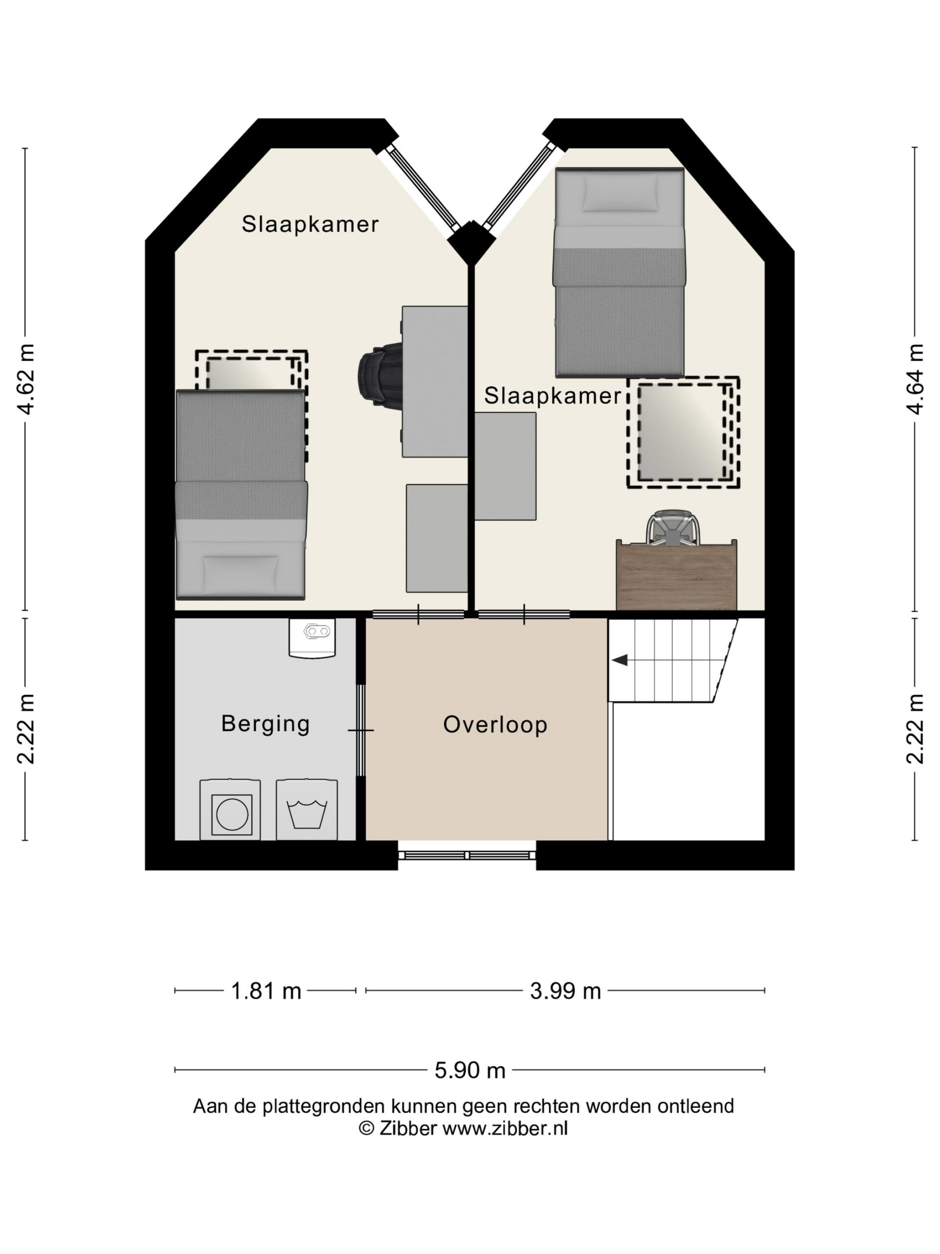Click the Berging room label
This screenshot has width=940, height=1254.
(265, 724)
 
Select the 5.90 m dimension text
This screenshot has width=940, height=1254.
(470, 1070)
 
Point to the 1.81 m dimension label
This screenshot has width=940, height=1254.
(266, 991)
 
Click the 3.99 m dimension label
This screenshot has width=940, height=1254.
(565, 991)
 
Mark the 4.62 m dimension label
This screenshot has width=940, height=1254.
(26, 379)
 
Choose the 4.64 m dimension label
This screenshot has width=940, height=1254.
(915, 379)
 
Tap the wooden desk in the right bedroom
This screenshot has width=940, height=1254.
(677, 575)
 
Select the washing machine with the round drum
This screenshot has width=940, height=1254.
(230, 810)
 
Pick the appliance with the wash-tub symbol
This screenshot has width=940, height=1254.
(306, 810)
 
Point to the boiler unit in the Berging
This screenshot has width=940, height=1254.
(312, 638)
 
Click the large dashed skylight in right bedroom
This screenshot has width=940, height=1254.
(683, 432)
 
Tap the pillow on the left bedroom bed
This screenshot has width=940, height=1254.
(241, 573)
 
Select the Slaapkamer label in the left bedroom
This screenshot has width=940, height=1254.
(310, 224)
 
